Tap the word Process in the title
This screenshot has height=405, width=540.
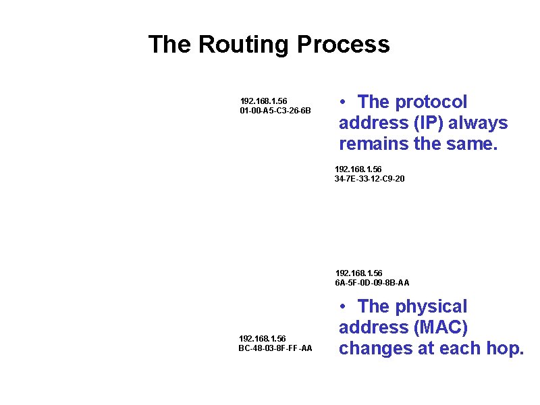click(343, 45)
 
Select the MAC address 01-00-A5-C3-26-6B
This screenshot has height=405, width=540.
click(275, 110)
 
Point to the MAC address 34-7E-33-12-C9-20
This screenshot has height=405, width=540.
click(370, 179)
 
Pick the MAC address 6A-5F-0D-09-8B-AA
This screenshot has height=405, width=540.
click(372, 282)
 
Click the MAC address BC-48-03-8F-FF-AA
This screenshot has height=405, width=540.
click(275, 348)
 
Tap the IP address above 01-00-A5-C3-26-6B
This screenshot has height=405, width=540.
click(263, 101)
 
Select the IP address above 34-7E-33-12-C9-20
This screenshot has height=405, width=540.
click(358, 169)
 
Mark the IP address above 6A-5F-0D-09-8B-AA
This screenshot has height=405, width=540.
click(358, 273)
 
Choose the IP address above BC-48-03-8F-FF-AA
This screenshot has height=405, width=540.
click(263, 338)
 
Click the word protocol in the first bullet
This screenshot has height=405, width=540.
click(431, 102)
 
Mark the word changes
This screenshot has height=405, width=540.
click(376, 348)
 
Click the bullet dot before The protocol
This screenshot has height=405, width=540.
click(344, 102)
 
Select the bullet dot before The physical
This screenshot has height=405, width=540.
click(344, 306)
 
